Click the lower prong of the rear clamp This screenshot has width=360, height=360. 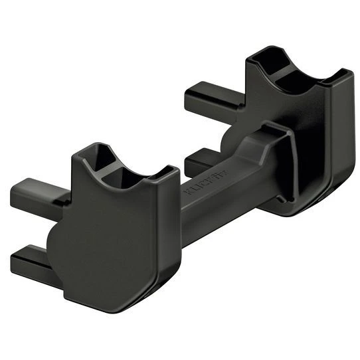[x=199, y=161]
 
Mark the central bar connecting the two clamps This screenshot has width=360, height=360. [x=219, y=199]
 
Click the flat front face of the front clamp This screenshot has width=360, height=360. [x=113, y=239]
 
